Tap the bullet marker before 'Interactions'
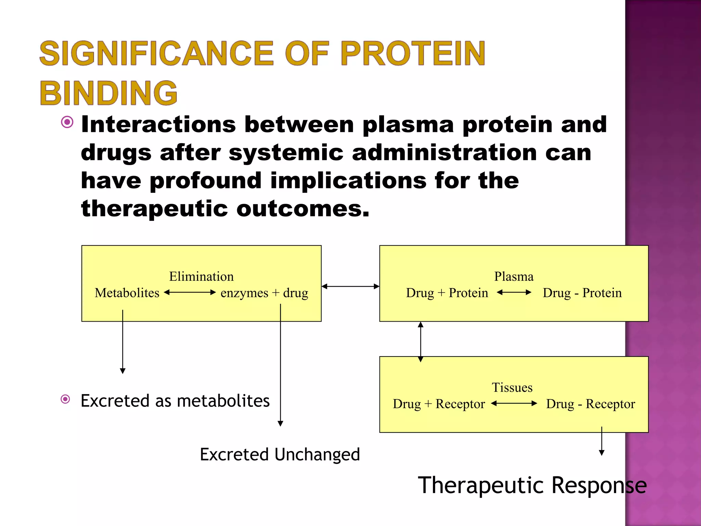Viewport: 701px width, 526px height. [x=67, y=122]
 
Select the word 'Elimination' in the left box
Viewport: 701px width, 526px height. [x=201, y=276]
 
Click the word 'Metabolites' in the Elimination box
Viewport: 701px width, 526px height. [x=127, y=293]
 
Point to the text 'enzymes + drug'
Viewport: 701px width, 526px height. [x=264, y=293]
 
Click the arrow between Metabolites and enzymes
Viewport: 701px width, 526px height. [x=190, y=292]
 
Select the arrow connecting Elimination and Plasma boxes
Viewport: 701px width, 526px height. [x=350, y=286]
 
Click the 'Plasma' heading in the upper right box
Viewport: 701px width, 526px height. [x=513, y=276]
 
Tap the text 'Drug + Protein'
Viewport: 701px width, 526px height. [x=447, y=293]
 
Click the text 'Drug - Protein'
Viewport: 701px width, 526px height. [x=582, y=293]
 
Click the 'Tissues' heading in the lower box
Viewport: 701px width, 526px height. [x=512, y=387]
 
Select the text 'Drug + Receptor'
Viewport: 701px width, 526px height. [x=439, y=404]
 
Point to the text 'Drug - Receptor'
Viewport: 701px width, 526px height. [x=590, y=404]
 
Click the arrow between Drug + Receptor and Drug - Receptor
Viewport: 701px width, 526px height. [x=514, y=403]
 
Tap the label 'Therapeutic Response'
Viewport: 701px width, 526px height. [x=532, y=485]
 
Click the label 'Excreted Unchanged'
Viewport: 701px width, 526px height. [x=280, y=454]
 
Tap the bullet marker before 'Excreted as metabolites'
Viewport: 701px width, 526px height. [x=65, y=399]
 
